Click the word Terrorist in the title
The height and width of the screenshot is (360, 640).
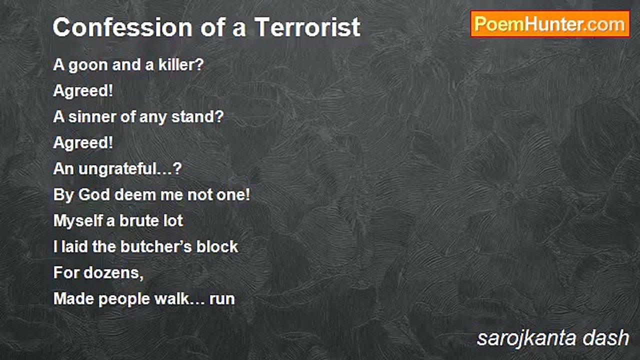pos(307,27)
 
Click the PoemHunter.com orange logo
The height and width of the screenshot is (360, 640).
pos(550,24)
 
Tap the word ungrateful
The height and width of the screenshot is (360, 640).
pos(118,169)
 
